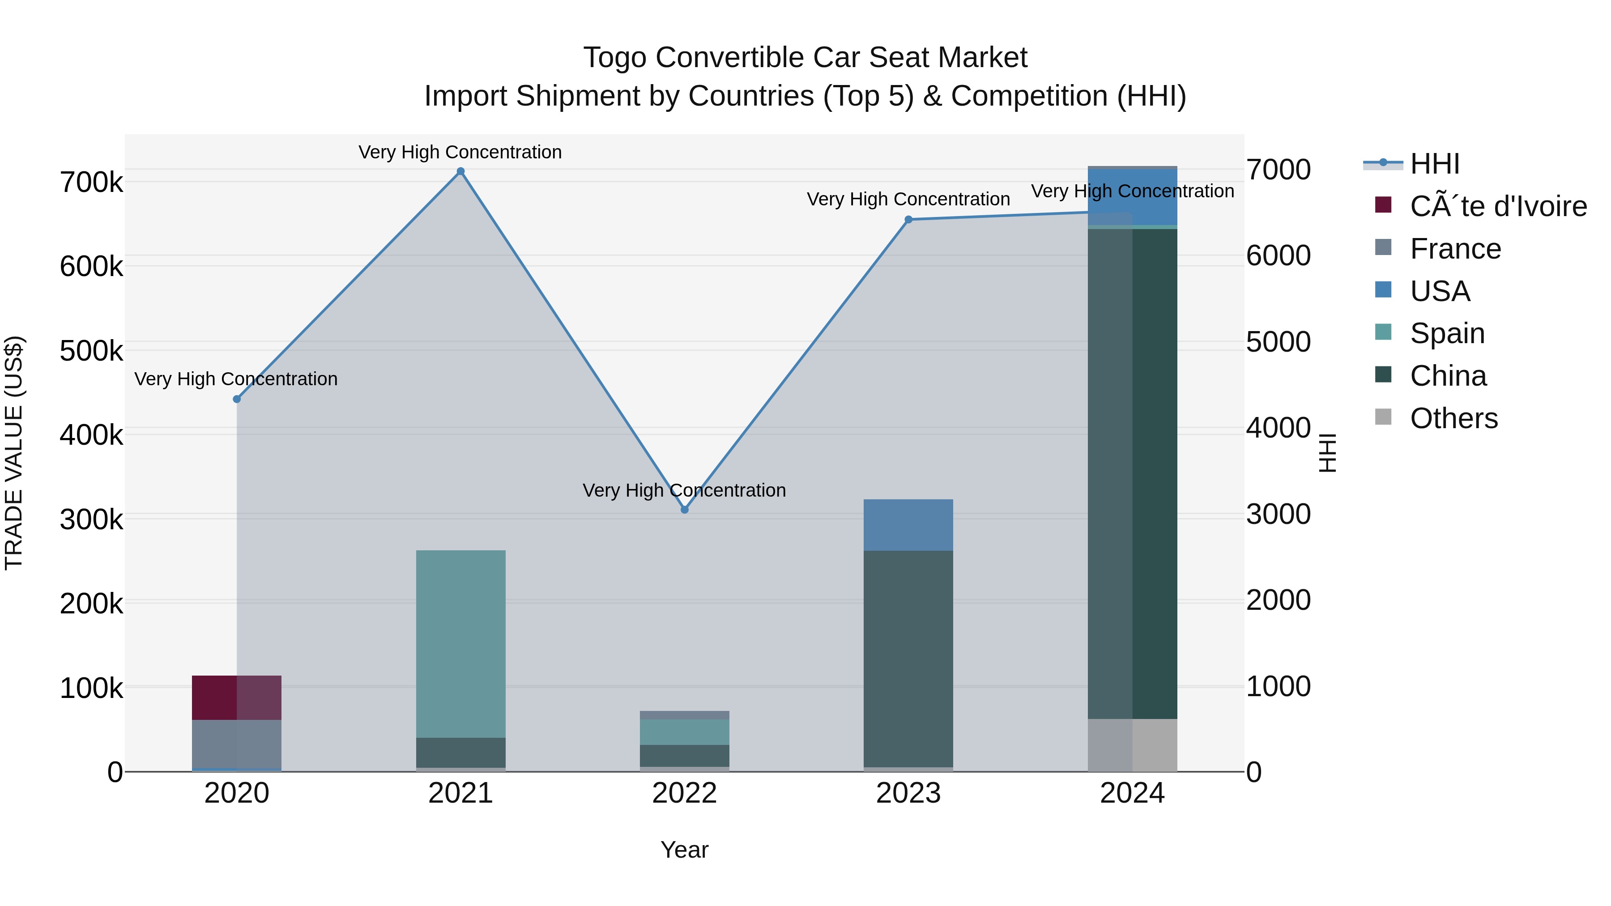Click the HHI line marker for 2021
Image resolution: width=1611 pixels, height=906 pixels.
[460, 171]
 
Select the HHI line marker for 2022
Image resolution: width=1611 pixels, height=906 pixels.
[684, 510]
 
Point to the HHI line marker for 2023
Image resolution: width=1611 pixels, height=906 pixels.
[909, 220]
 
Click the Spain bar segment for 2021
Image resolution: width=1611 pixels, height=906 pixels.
[460, 644]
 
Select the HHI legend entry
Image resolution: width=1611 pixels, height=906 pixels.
[1434, 164]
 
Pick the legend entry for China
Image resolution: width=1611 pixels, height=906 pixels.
[1447, 376]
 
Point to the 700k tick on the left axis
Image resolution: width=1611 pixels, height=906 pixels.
[91, 183]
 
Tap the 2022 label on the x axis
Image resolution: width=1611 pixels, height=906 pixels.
[684, 793]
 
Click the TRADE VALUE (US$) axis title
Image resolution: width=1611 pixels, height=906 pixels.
[14, 453]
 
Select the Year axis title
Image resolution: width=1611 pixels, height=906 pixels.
[684, 850]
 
